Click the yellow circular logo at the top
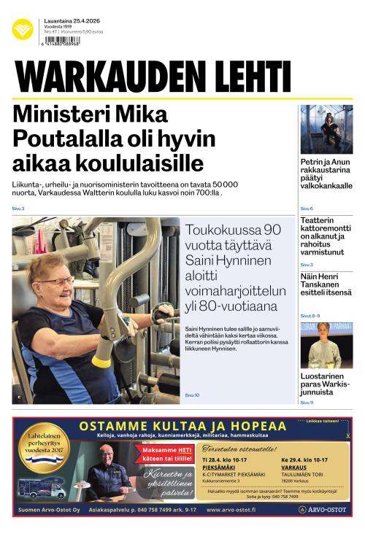tap(23, 30)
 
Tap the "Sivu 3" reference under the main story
tap(18, 209)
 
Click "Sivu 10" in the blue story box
tap(192, 395)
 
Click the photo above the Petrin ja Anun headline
tap(326, 129)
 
